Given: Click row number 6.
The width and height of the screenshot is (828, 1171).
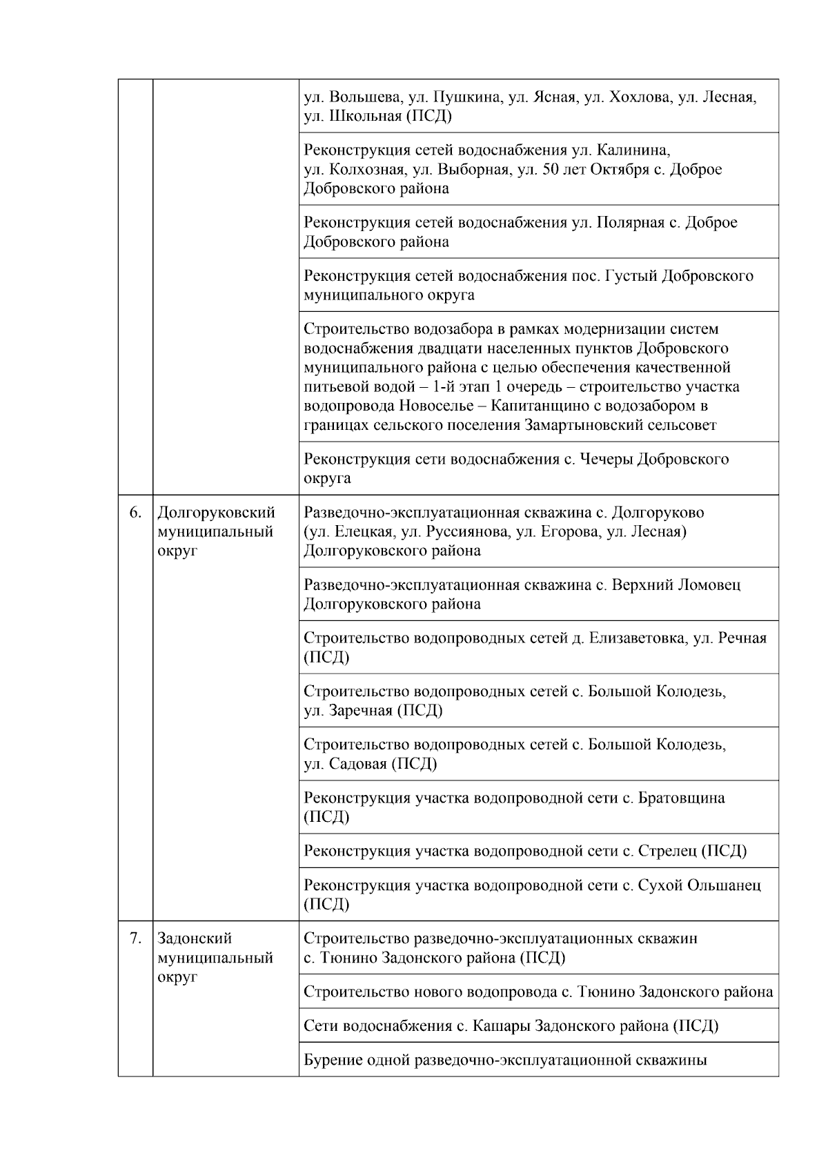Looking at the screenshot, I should (135, 513).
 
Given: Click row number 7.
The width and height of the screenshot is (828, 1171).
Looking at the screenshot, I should (135, 938).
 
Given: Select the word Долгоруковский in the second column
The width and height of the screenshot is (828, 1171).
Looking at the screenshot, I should (216, 513).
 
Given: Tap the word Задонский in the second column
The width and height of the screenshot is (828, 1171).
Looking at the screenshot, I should (195, 938).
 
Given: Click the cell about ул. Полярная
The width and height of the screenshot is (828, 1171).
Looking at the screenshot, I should (538, 232).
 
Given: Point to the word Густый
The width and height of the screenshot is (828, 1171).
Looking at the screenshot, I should (631, 276).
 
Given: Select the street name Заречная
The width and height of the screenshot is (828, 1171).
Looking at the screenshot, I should (360, 711).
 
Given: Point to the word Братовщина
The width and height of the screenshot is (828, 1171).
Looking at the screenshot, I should (682, 798).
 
